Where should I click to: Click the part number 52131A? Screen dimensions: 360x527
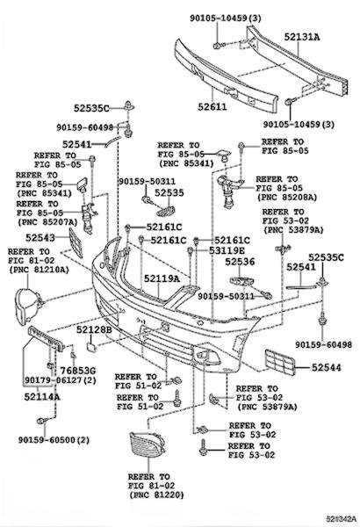pos(302,37)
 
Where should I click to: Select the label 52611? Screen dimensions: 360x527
pos(212,107)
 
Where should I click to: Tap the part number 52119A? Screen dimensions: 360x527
pos(162,278)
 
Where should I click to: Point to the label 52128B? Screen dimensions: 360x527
pos(94,329)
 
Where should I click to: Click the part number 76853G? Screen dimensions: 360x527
pos(78,371)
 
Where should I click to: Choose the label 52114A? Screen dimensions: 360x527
pos(42,397)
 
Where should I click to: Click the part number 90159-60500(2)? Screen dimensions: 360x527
pos(54,440)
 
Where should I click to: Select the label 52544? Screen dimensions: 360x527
pos(326,367)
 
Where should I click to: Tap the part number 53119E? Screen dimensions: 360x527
pos(227,250)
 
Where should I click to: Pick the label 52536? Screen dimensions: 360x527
pos(240,262)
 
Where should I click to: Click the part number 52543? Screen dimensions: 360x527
pos(40,238)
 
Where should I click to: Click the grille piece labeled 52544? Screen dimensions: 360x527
pos(280,362)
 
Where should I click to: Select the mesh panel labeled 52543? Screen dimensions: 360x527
pos(76,242)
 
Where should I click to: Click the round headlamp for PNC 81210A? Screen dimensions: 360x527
pos(26,307)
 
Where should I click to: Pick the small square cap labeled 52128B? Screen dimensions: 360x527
pos(90,346)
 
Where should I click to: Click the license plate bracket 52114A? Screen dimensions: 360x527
pos(46,338)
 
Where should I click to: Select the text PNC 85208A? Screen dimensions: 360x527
pos(287,197)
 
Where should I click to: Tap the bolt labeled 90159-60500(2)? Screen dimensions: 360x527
pos(41,421)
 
